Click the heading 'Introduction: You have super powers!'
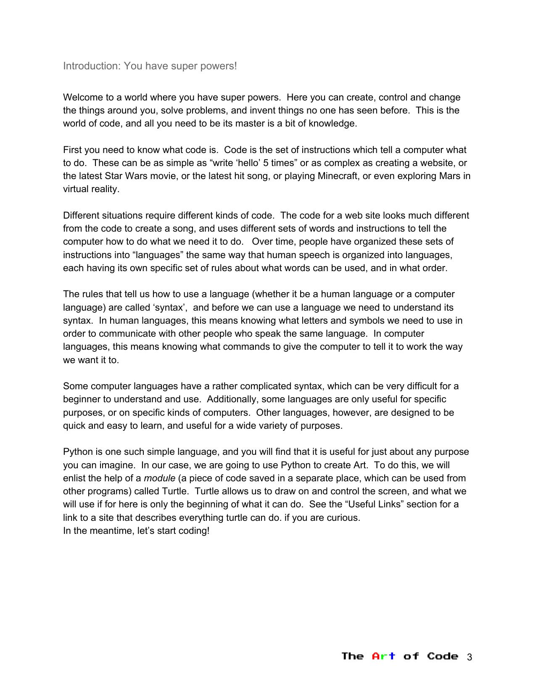click(x=150, y=66)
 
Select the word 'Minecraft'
click(x=339, y=176)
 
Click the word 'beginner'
click(x=82, y=399)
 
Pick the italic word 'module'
click(x=159, y=478)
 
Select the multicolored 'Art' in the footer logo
click(x=383, y=656)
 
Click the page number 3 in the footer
click(x=470, y=657)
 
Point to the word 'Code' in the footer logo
click(x=443, y=656)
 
